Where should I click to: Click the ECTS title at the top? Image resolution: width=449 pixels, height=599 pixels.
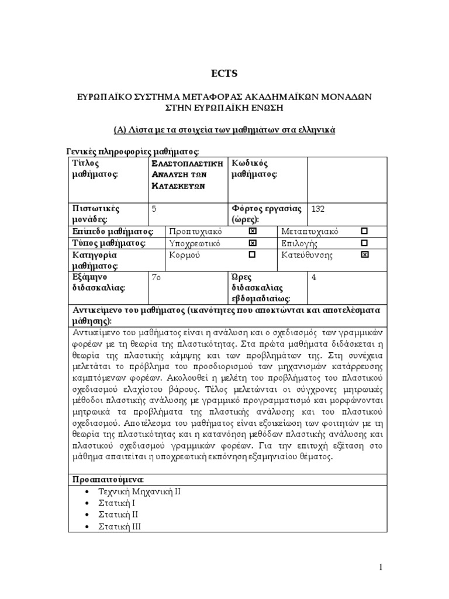click(x=224, y=73)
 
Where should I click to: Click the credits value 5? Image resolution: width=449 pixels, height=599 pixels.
click(x=154, y=208)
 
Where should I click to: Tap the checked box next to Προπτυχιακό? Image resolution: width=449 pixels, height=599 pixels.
click(x=252, y=232)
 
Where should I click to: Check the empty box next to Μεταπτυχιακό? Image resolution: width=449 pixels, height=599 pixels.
click(x=364, y=232)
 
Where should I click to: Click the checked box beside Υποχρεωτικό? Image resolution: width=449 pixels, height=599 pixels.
click(x=252, y=243)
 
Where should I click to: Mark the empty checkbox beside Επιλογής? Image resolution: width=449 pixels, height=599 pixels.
click(x=364, y=243)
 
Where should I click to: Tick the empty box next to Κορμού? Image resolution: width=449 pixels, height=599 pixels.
click(x=252, y=255)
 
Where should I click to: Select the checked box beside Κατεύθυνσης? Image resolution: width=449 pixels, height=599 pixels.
click(x=364, y=255)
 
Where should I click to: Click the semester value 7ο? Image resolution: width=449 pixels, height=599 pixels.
click(x=156, y=277)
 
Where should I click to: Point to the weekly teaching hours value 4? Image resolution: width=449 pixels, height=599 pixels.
click(x=314, y=277)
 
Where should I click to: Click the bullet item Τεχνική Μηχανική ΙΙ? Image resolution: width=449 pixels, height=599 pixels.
click(x=140, y=491)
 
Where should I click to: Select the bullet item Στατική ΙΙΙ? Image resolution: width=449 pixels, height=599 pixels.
click(x=120, y=526)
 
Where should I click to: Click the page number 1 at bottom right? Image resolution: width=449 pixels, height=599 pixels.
click(x=381, y=567)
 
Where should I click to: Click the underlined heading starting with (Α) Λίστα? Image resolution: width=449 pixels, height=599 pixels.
click(x=224, y=130)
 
